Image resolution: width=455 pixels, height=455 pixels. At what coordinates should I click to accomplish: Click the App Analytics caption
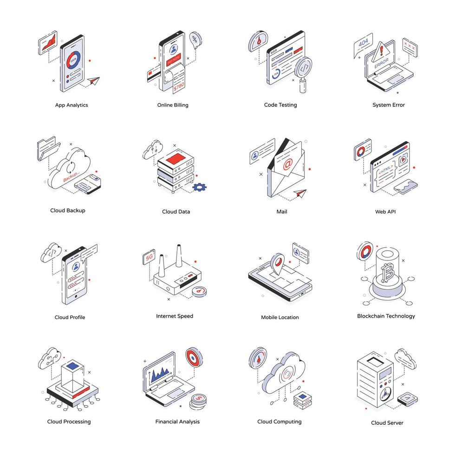(x=71, y=105)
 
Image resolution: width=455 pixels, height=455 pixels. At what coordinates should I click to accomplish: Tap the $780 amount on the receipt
(x=179, y=86)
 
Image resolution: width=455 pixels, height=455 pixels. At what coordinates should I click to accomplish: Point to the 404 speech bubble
(x=363, y=43)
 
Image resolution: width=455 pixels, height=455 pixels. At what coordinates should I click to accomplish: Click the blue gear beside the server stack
(x=200, y=187)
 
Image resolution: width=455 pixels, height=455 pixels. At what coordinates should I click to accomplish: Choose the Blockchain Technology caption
(x=386, y=316)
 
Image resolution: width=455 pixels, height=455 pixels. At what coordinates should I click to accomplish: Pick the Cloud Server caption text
(x=387, y=423)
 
